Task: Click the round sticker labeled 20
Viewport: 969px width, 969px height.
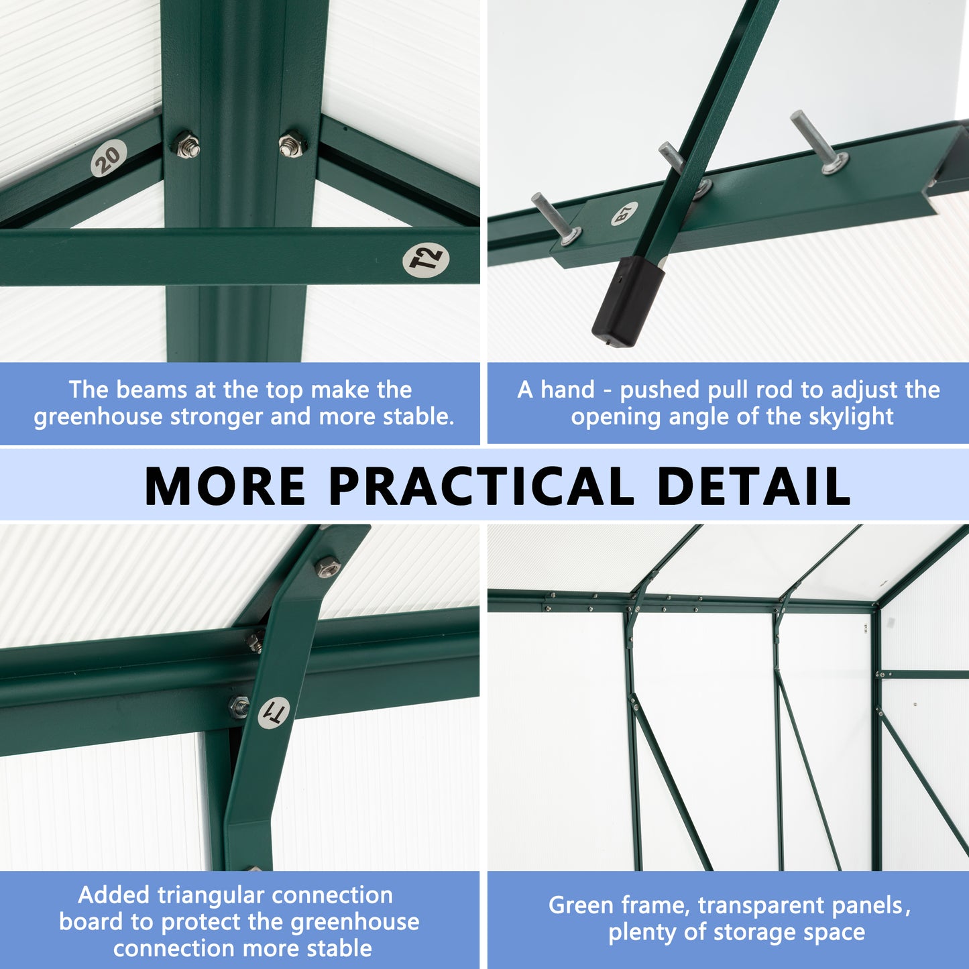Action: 109,158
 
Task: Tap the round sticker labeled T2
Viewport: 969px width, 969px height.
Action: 426,259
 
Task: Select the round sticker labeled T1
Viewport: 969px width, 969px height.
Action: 274,713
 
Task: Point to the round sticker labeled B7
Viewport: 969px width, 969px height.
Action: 624,214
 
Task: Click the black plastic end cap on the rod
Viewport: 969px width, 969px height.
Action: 628,302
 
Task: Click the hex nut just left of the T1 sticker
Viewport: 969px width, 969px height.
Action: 239,706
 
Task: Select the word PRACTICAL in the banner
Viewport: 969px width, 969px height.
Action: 481,486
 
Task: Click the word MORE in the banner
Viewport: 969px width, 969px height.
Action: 225,486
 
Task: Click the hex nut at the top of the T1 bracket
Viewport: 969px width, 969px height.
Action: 327,567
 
